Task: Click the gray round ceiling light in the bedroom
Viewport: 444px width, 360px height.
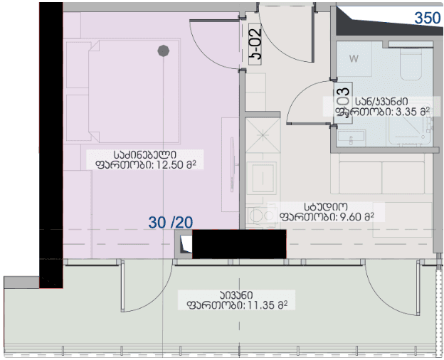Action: (163, 51)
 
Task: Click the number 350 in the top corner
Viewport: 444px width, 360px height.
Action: (427, 18)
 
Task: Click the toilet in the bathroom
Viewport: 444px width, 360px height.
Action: (411, 65)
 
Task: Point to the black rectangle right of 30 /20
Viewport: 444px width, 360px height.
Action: (240, 245)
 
